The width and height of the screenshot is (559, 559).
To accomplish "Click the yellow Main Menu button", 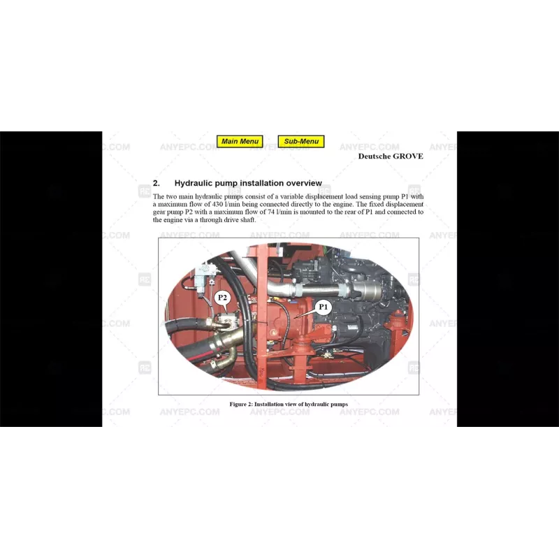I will click(240, 141).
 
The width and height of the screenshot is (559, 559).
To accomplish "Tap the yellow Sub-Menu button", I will click(301, 141).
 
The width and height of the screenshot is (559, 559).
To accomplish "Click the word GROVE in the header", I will click(408, 156).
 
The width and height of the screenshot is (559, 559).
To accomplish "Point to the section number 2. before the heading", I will click(157, 183).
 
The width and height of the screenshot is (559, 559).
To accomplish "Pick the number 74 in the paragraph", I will click(272, 212).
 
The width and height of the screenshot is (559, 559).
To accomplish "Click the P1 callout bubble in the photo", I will click(323, 307).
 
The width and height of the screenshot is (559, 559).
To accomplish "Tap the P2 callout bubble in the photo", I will click(222, 298).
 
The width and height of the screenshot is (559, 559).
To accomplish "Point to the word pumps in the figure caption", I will click(338, 404).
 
